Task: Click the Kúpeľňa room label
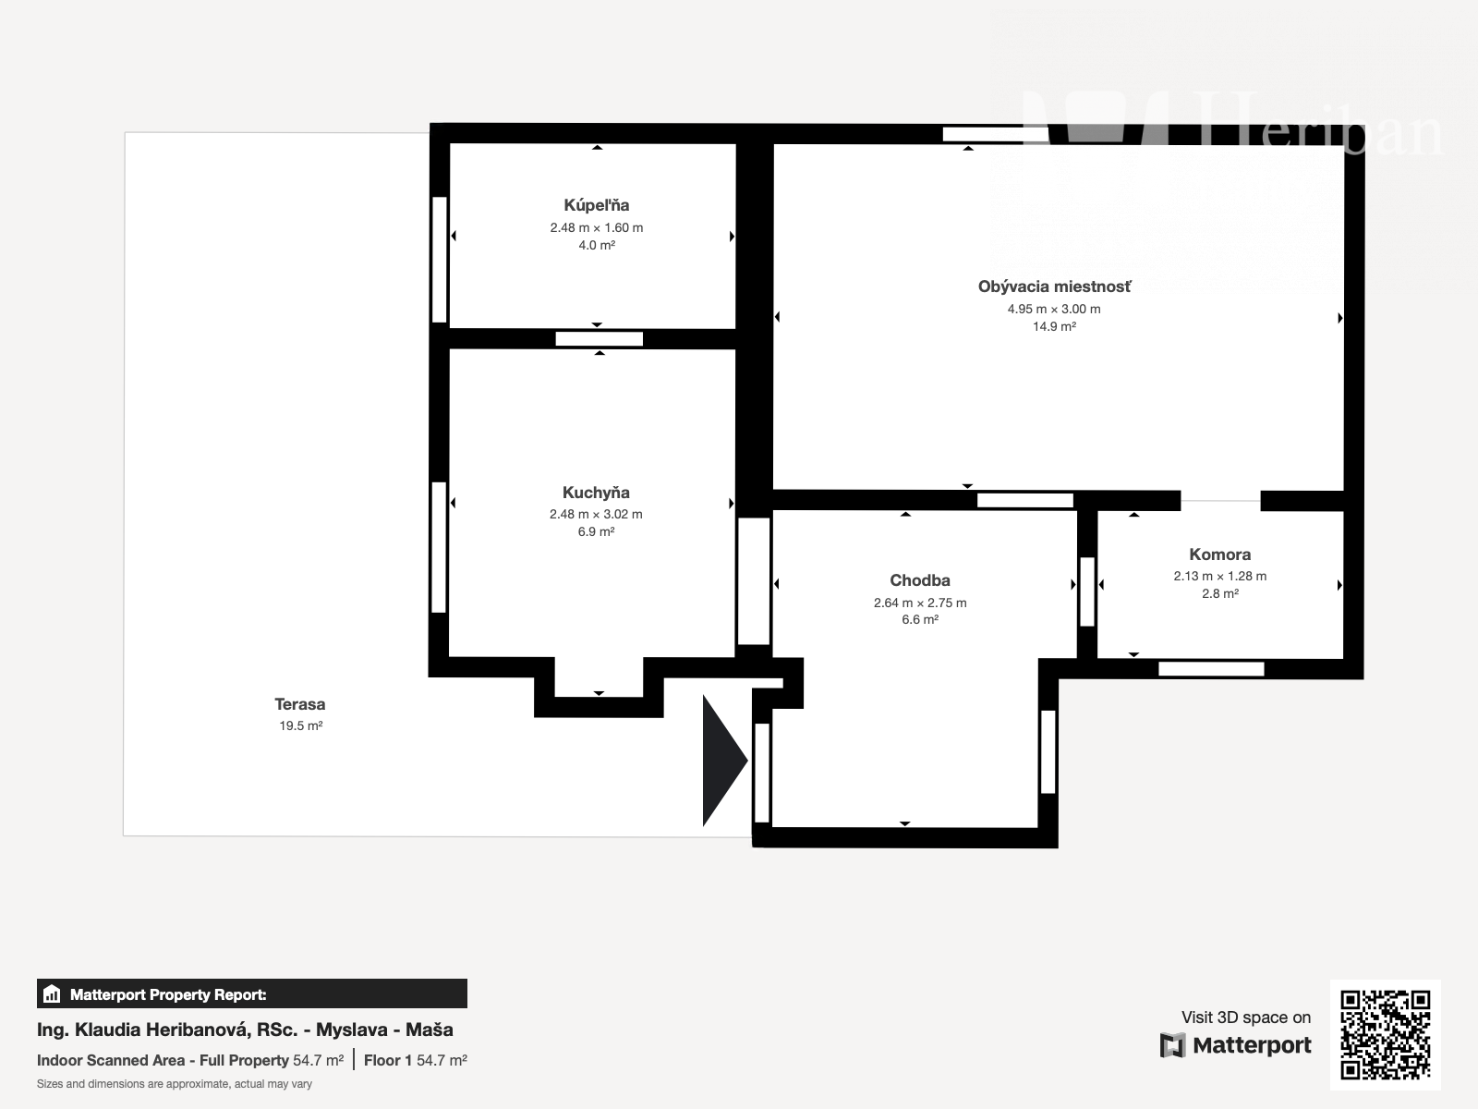point(597,204)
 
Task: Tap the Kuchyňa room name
point(596,493)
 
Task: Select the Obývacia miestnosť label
point(1055,286)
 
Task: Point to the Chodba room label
point(920,579)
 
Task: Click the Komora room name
point(1219,554)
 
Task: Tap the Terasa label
point(299,703)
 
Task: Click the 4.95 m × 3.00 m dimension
point(1054,309)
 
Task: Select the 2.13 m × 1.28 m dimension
point(1219,576)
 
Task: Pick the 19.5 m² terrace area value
point(300,725)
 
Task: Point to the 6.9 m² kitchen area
point(596,531)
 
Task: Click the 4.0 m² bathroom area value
point(597,245)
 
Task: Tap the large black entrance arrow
point(724,761)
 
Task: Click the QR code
point(1385,1034)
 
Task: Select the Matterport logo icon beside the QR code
point(1172,1045)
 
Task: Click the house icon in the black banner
point(52,993)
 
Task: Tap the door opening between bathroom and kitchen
point(599,338)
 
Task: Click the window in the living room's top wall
point(995,134)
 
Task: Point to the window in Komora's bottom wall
point(1211,668)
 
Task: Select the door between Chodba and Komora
point(1086,591)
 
